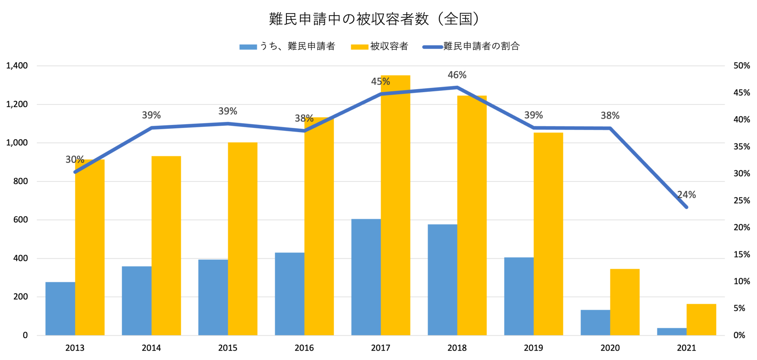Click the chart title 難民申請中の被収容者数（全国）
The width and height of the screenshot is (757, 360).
point(374,19)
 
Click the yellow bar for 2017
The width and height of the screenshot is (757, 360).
point(395,210)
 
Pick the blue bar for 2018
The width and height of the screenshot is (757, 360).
point(442,280)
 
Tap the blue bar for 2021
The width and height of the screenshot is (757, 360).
point(672,331)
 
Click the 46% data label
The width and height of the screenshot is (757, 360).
point(457,75)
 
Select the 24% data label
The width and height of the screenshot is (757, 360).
point(687,195)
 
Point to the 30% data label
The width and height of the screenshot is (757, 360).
point(75,159)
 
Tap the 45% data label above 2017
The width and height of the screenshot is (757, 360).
point(381,82)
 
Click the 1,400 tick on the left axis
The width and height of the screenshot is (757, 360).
point(17,66)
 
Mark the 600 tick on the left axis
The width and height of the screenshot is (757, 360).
point(20,220)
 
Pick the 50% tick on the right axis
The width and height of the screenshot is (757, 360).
point(742,66)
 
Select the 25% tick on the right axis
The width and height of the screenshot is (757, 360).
point(742,201)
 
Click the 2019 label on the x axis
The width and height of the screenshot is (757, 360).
point(533,348)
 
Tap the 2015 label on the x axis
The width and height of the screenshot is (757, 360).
point(228,348)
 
